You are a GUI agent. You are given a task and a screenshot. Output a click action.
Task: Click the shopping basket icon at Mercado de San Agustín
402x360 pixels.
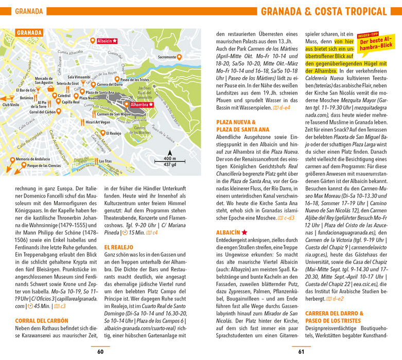click(x=50, y=88)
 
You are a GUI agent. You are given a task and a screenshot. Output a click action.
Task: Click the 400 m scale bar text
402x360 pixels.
click(x=169, y=158)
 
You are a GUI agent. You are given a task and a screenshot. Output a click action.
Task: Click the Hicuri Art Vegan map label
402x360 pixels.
click(x=98, y=122)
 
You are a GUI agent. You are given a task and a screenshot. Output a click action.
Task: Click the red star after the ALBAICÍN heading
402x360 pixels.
click(x=244, y=232)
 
